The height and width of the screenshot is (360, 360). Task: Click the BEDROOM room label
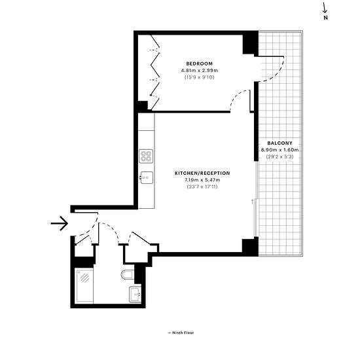[199, 63]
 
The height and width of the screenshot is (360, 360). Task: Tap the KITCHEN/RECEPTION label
[202, 173]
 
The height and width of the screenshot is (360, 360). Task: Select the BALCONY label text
[280, 143]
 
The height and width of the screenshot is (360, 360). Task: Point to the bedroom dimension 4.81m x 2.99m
[199, 70]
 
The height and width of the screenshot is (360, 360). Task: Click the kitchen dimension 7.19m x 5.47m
[202, 180]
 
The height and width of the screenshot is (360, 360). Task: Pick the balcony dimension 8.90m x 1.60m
[280, 150]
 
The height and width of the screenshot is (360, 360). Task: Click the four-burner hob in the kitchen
[146, 156]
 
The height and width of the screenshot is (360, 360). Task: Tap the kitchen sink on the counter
[146, 177]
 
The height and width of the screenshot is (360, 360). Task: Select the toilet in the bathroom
[127, 275]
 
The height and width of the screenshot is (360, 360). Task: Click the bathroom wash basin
[135, 294]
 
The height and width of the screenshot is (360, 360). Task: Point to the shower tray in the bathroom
[84, 286]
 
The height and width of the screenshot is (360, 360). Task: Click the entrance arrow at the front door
[60, 223]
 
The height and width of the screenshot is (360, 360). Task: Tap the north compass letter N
[325, 18]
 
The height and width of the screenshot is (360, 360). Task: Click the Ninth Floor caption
[181, 333]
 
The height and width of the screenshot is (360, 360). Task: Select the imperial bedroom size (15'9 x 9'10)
[199, 77]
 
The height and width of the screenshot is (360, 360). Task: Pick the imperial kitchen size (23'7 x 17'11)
[202, 187]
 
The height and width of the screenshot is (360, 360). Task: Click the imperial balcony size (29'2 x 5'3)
[280, 157]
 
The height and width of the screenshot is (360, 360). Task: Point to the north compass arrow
[325, 8]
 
